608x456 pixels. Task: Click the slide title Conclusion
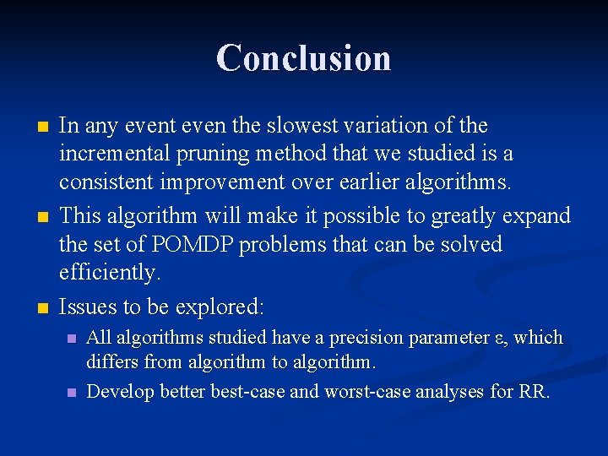point(303,58)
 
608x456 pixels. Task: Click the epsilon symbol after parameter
point(498,339)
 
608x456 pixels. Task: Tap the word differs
point(111,363)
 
